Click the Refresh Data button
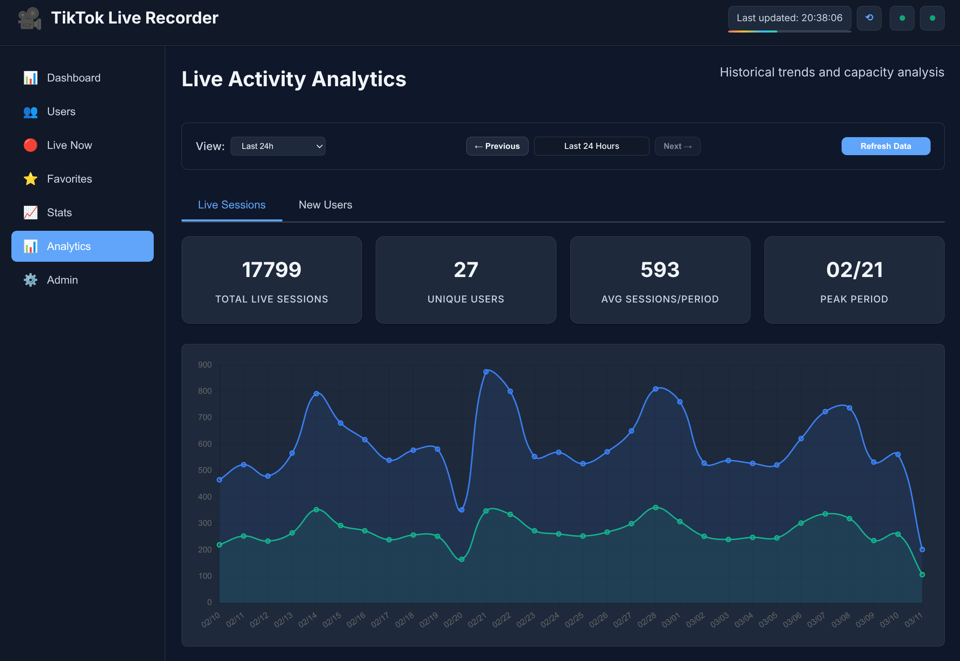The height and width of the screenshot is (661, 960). click(885, 146)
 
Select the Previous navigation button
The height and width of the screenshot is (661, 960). click(497, 146)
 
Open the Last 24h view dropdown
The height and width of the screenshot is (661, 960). click(278, 146)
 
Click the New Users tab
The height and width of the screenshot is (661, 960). click(325, 205)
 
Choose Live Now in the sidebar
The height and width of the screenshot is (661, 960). click(69, 145)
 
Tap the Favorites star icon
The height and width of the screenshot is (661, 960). click(30, 179)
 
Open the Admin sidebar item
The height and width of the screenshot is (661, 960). click(62, 280)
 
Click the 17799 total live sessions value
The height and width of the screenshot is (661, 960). click(271, 270)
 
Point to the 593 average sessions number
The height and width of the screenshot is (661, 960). click(660, 270)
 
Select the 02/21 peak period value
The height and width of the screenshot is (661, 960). click(854, 270)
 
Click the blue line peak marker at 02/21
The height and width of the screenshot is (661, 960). click(486, 371)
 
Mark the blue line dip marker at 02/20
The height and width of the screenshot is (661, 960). click(462, 510)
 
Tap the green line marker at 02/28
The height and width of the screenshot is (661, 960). click(655, 507)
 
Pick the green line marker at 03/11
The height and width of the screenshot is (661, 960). click(922, 574)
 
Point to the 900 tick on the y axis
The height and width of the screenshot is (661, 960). click(205, 365)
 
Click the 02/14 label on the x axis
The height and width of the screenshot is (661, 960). click(307, 619)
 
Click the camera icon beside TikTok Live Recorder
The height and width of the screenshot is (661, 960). click(29, 19)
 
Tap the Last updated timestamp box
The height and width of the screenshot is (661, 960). click(789, 18)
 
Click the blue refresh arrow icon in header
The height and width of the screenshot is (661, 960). click(869, 18)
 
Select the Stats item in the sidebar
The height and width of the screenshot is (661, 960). click(59, 212)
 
